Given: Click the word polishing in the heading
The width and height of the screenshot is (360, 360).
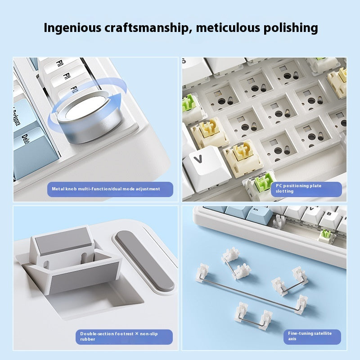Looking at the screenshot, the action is [x=291, y=28].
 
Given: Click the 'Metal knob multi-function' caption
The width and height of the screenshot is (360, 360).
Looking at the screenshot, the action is [x=106, y=189].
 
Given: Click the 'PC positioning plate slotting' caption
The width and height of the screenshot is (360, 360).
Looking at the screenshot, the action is [x=298, y=189].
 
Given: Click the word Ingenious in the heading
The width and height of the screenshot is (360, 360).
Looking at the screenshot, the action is [x=72, y=28].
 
